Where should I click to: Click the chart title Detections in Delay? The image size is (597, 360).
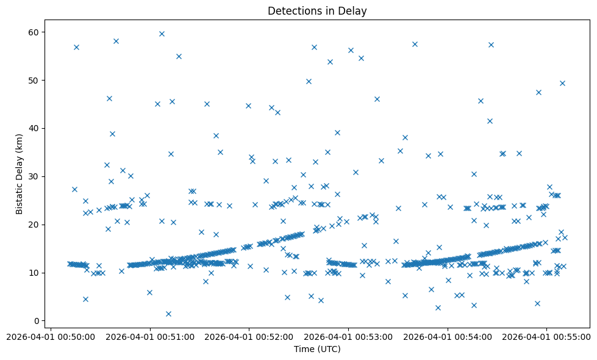click(x=317, y=11)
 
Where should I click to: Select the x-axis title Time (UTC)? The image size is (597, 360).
click(x=317, y=349)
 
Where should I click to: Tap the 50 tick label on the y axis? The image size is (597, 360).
click(x=40, y=80)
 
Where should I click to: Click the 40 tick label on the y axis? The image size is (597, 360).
click(x=40, y=128)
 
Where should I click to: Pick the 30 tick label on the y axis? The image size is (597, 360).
click(x=40, y=176)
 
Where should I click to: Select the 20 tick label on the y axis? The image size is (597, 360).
click(x=40, y=225)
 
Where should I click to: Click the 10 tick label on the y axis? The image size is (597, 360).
click(x=40, y=273)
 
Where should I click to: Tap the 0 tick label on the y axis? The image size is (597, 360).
click(x=43, y=321)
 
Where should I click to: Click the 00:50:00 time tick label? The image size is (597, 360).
click(x=51, y=336)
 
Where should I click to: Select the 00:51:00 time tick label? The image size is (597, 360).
click(x=150, y=336)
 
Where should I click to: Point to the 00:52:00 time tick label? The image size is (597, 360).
click(x=249, y=336)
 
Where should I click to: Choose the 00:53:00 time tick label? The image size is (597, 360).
click(x=348, y=336)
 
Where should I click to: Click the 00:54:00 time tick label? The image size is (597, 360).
click(x=448, y=336)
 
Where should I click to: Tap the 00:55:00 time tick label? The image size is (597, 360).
click(x=546, y=336)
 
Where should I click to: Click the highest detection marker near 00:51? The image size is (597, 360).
click(x=162, y=34)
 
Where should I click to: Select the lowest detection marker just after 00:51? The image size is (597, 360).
click(x=168, y=314)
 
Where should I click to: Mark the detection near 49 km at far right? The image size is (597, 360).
click(x=562, y=83)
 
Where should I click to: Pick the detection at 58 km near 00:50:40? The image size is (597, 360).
click(x=116, y=41)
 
